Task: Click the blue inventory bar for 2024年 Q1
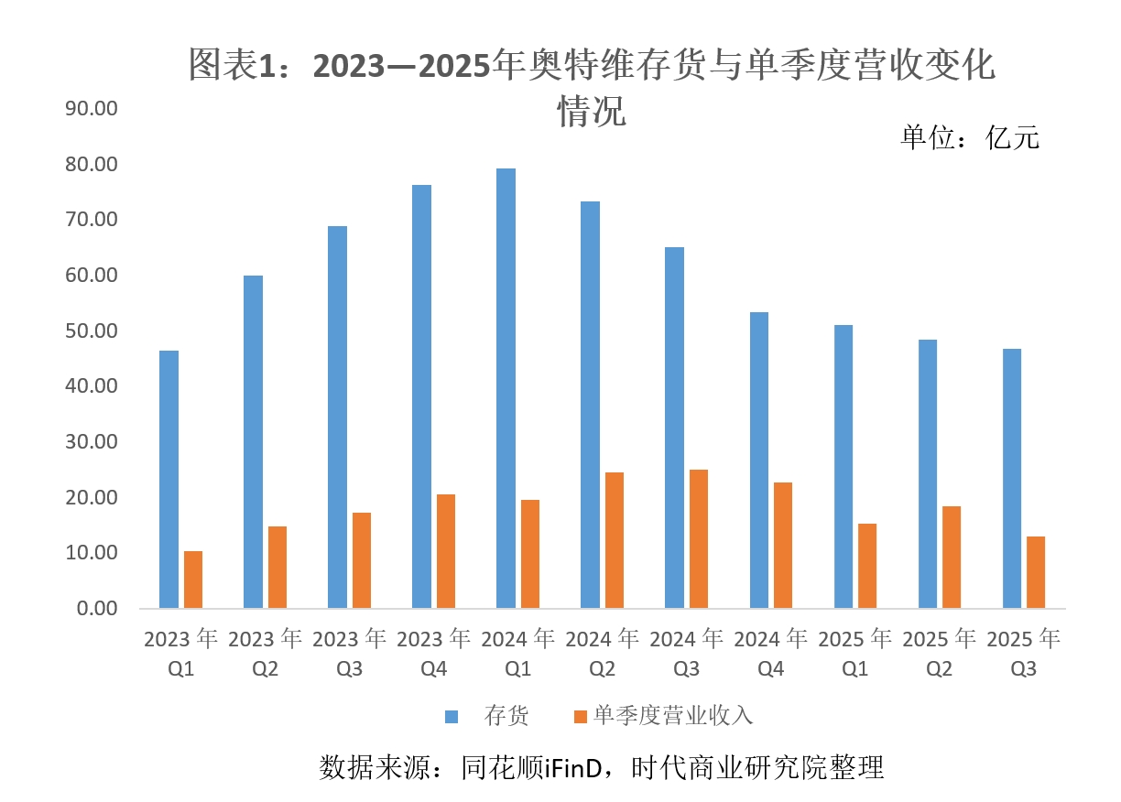506,388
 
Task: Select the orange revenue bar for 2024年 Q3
698,538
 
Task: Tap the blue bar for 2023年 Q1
169,479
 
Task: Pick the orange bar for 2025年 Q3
1036,571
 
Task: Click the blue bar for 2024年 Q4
758,460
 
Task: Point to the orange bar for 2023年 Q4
445,550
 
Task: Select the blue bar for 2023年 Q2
253,441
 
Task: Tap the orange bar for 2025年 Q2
951,557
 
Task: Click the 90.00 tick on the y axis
93,109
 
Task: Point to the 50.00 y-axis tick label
93,331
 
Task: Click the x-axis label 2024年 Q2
602,654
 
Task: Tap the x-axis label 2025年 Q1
854,654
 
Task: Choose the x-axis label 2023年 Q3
349,654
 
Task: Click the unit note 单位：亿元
970,137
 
